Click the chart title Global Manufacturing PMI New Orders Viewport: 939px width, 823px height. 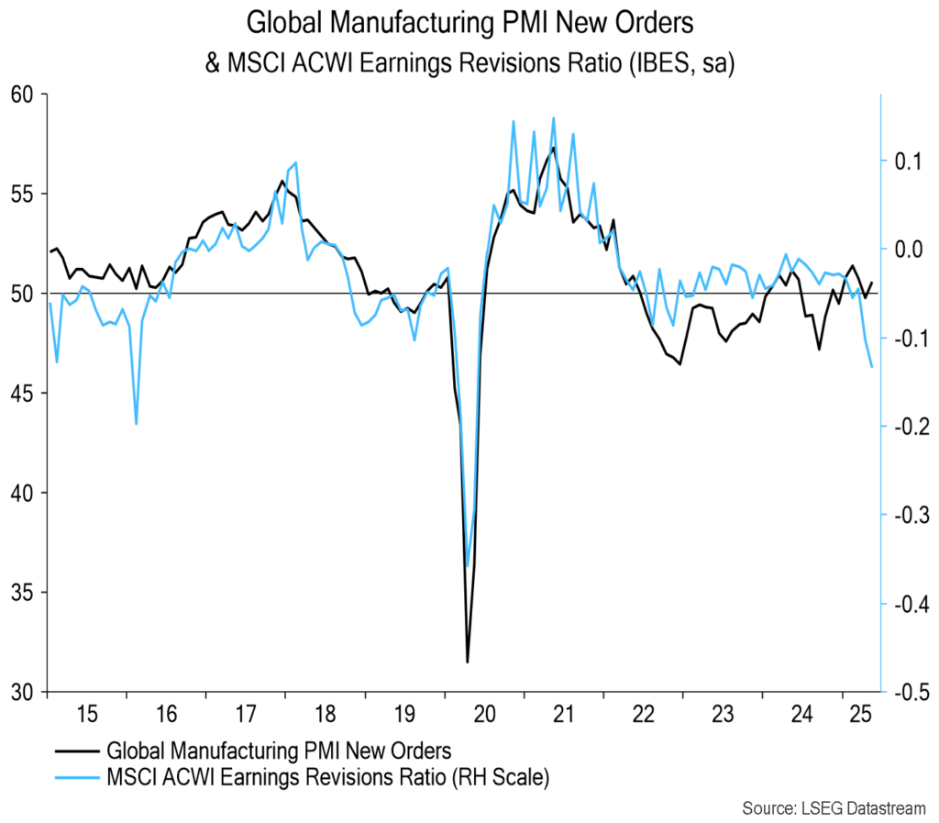click(x=469, y=22)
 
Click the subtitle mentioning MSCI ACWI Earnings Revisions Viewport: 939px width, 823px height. click(x=469, y=65)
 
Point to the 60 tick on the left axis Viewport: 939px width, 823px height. click(x=22, y=95)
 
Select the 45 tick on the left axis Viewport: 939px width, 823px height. click(x=22, y=394)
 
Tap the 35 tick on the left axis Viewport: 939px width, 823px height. click(x=22, y=593)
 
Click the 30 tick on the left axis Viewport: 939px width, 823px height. click(x=22, y=692)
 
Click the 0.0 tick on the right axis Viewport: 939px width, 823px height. click(x=907, y=249)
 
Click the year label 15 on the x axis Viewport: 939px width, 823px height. click(x=86, y=713)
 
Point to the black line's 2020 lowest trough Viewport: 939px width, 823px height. click(x=468, y=662)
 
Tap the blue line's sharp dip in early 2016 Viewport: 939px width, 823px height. click(x=137, y=424)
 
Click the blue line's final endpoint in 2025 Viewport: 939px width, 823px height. click(x=871, y=367)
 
